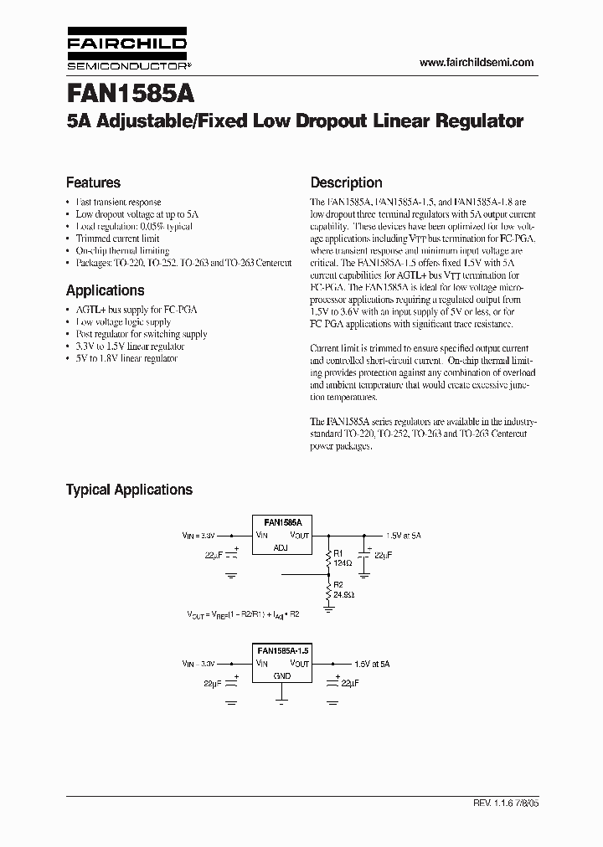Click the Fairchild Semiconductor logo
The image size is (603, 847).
click(x=126, y=51)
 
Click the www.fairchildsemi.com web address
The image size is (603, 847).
click(x=476, y=63)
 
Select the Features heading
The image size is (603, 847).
click(x=93, y=182)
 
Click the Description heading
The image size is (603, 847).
click(x=346, y=182)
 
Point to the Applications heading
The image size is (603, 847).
click(x=105, y=290)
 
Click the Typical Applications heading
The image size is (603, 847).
click(x=129, y=490)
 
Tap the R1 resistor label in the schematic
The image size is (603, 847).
click(x=338, y=553)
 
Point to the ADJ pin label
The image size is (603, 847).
click(x=281, y=547)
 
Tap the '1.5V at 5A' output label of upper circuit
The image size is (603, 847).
click(x=404, y=534)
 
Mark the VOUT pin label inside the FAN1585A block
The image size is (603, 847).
click(x=299, y=534)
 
